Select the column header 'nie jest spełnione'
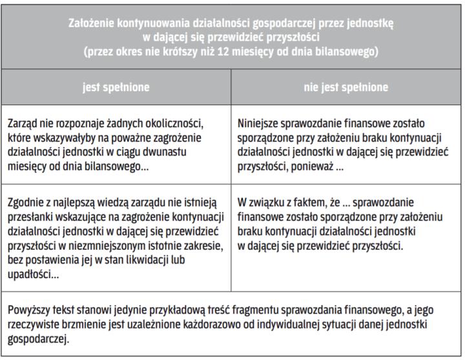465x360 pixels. coord(346,87)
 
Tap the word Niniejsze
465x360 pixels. coord(260,123)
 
